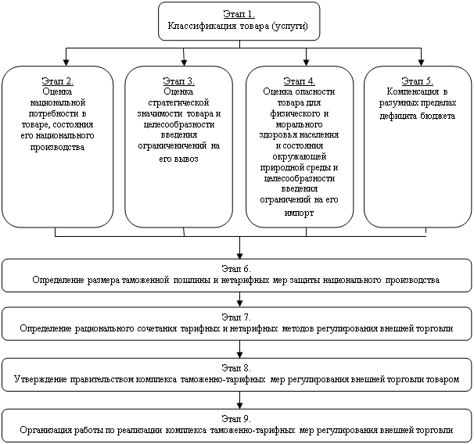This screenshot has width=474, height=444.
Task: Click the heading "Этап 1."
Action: (x=239, y=14)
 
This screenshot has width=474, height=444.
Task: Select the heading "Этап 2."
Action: (x=57, y=81)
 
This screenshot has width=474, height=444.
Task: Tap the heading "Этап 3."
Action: (x=178, y=81)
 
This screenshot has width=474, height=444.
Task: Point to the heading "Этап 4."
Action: (x=300, y=81)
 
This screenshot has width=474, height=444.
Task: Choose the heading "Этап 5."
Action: (x=417, y=81)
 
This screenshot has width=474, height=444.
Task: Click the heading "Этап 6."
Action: (x=236, y=269)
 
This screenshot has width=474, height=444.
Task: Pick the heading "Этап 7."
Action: (x=236, y=317)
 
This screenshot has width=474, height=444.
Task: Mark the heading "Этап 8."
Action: (x=236, y=367)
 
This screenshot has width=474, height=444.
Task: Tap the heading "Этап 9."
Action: (x=236, y=418)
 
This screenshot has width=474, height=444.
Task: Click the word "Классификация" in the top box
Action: (x=202, y=26)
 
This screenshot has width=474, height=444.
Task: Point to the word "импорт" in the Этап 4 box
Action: (x=299, y=213)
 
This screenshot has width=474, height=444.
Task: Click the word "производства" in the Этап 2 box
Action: (x=57, y=147)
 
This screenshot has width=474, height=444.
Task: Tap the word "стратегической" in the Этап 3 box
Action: (x=178, y=102)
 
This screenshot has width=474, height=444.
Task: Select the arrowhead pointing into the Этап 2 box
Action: (x=66, y=62)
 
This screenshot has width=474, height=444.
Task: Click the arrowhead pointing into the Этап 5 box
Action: (x=421, y=62)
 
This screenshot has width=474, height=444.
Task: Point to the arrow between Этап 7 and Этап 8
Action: (x=239, y=349)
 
